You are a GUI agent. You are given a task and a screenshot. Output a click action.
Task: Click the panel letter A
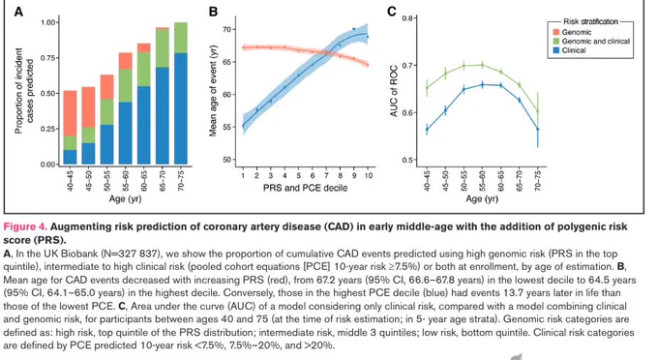tap(18, 12)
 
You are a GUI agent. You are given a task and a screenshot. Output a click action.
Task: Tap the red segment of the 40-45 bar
tap(70, 113)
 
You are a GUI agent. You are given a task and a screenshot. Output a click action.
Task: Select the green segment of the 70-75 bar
tap(181, 38)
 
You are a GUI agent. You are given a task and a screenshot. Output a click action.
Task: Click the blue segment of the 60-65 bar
tap(144, 125)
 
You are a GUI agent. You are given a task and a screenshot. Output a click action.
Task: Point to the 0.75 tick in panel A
tap(48, 58)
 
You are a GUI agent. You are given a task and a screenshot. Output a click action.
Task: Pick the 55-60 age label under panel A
tap(126, 181)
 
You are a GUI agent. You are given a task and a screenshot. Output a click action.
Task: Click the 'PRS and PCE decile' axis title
tap(305, 188)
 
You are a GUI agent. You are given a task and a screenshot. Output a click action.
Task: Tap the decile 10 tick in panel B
tap(368, 175)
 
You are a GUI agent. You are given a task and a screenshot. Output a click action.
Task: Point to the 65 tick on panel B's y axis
tap(227, 62)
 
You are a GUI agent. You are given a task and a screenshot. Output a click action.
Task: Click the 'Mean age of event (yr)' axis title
tap(213, 90)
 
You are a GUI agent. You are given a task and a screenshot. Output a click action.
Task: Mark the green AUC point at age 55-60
tap(482, 65)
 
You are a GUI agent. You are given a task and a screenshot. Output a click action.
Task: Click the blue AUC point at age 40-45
tap(427, 130)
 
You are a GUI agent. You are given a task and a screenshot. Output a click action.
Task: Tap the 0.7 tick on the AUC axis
tap(408, 66)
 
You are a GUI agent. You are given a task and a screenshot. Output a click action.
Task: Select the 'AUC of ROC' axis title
tap(394, 91)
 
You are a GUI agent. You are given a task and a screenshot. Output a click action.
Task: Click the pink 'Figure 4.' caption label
tap(25, 227)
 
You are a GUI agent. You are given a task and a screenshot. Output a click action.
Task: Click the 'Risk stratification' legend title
tap(590, 21)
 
